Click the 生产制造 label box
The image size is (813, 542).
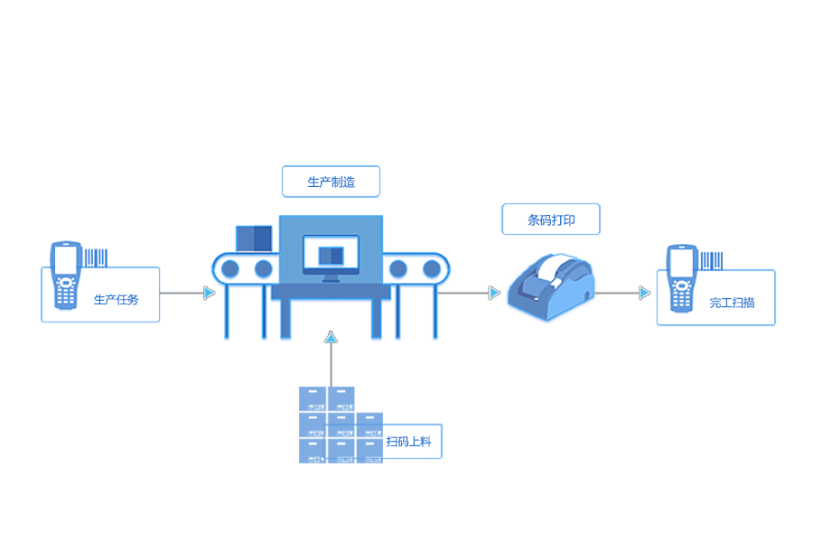331,182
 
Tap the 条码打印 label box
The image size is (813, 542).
551,220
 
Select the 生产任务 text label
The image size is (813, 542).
116,299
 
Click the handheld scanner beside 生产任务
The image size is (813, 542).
64,275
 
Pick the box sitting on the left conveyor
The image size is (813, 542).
254,238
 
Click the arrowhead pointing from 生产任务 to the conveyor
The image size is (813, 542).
210,293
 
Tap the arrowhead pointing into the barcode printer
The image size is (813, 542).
494,293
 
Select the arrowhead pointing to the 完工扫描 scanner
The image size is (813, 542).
644,293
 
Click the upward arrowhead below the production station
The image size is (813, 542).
331,337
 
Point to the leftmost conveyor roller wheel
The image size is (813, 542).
230,268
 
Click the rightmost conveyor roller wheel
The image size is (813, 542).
432,268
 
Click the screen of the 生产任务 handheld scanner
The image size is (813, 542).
64,259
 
